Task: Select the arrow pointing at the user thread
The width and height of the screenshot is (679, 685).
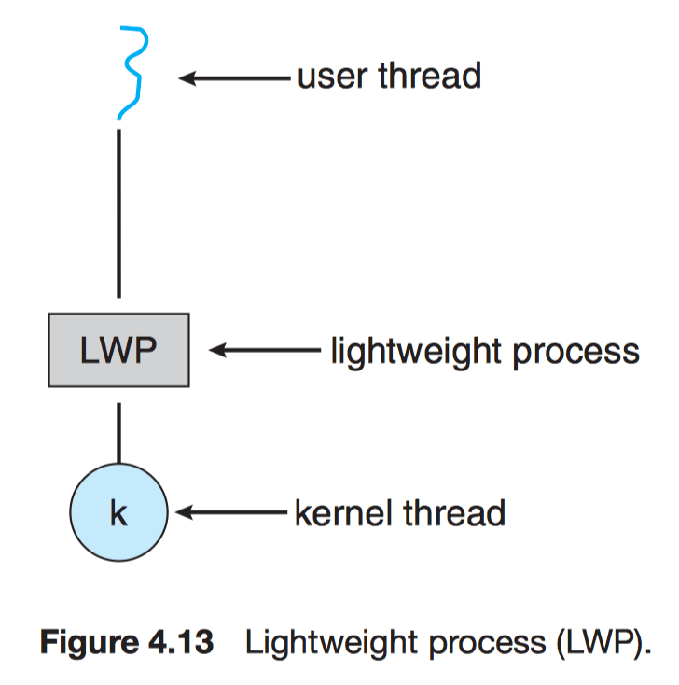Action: [233, 78]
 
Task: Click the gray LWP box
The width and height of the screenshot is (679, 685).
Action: [118, 352]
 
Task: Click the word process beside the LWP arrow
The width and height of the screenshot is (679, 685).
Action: [579, 353]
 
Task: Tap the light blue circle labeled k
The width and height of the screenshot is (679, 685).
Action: [118, 512]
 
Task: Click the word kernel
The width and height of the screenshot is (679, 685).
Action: [340, 512]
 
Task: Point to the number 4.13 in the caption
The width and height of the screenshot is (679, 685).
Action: [183, 644]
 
